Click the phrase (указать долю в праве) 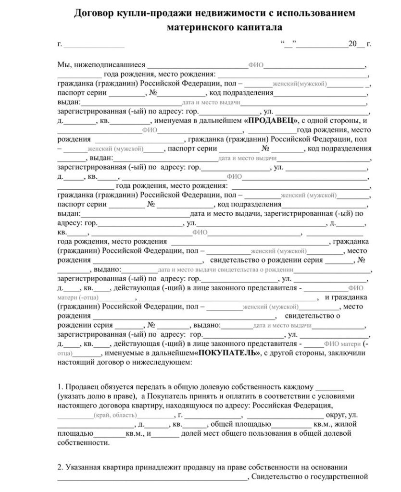coord(97,396)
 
